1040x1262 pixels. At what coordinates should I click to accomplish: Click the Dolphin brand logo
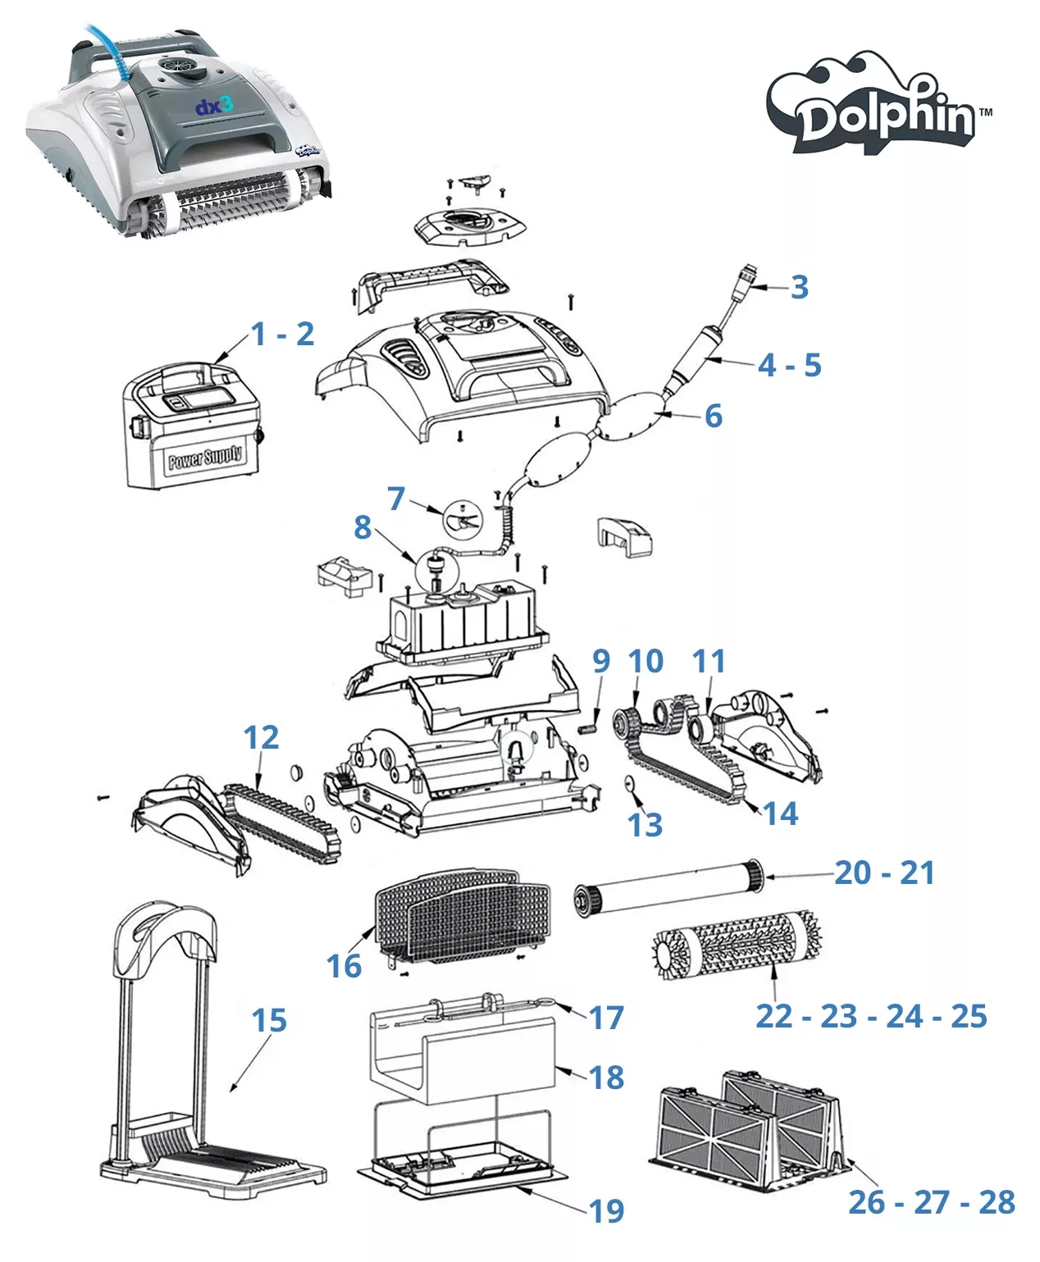[x=878, y=103]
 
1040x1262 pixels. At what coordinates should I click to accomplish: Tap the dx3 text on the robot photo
[x=213, y=105]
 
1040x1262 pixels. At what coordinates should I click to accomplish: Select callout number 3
[x=800, y=287]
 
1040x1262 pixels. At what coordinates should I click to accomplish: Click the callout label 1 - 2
[x=283, y=334]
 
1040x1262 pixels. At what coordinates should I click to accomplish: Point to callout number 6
[x=714, y=416]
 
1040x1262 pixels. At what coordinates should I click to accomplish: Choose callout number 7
[x=396, y=499]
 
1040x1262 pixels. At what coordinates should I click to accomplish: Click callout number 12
[x=261, y=737]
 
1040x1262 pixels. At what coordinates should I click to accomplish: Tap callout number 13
[x=645, y=825]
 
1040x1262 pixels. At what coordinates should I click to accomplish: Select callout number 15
[x=269, y=1020]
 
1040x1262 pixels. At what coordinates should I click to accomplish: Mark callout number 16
[x=344, y=966]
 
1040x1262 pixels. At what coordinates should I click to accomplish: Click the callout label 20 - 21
[x=885, y=872]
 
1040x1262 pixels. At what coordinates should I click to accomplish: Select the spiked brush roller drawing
[x=737, y=944]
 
